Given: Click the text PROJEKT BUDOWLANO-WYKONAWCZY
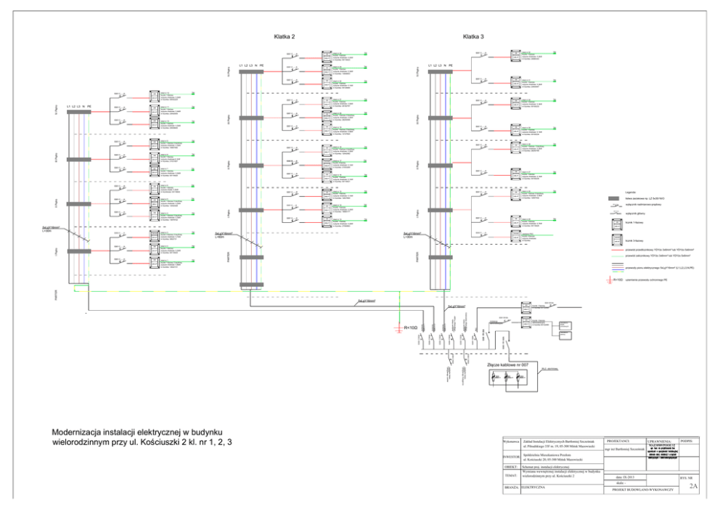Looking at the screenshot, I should click(643, 490).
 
